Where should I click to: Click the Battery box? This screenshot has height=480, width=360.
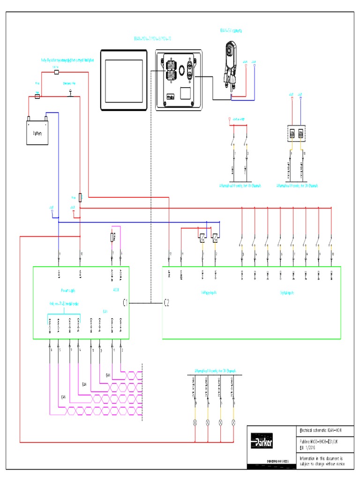coord(37,133)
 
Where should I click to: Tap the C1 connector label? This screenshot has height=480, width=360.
coord(125,303)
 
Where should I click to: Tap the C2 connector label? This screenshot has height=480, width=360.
coord(166,303)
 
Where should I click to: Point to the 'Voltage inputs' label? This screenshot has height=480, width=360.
coord(208,292)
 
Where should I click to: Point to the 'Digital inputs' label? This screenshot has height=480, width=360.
coord(287,292)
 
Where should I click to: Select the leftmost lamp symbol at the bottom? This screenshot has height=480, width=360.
coord(194,422)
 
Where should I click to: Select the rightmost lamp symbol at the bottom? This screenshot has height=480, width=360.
coord(233,422)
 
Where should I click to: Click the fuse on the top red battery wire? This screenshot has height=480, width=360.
coord(55,72)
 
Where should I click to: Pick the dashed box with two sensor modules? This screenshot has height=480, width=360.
coord(296,133)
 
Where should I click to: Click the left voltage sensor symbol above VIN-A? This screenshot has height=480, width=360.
coord(201,238)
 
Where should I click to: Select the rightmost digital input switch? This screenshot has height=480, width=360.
coord(331,243)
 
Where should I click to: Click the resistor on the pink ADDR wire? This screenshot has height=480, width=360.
coord(112,238)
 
